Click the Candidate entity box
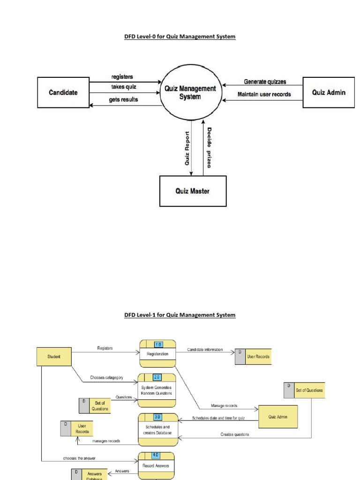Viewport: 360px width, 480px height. (63, 93)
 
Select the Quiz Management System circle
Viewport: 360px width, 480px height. (190, 92)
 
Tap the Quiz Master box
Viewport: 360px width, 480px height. (193, 191)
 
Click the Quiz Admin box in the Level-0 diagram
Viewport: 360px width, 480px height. (329, 92)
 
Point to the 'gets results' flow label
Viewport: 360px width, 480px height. (124, 100)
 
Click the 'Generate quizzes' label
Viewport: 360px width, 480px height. (265, 82)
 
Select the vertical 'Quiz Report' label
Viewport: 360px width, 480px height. (187, 148)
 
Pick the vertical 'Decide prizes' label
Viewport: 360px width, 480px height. (209, 147)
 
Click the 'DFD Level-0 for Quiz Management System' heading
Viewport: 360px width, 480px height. (180, 36)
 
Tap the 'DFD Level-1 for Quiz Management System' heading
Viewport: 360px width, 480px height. (180, 315)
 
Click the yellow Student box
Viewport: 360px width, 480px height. (54, 356)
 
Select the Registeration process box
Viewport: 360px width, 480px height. (157, 354)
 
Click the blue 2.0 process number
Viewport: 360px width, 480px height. (157, 377)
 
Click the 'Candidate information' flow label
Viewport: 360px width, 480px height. (205, 350)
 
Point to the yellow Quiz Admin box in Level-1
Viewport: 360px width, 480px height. (278, 416)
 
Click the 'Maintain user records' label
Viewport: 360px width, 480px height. (264, 94)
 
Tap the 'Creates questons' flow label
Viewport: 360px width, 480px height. (235, 435)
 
